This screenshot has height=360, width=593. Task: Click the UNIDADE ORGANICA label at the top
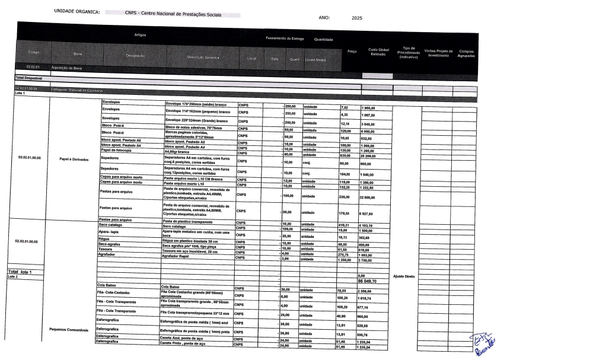[x=76, y=12]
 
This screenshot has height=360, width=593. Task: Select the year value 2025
[x=356, y=18]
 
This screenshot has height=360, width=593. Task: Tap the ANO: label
[x=324, y=18]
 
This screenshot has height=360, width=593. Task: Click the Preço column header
[x=352, y=51]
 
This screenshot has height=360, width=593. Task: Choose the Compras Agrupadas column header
[x=467, y=53]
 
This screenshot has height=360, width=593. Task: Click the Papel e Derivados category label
[x=74, y=159]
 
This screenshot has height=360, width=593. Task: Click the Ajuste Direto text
[x=405, y=276]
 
